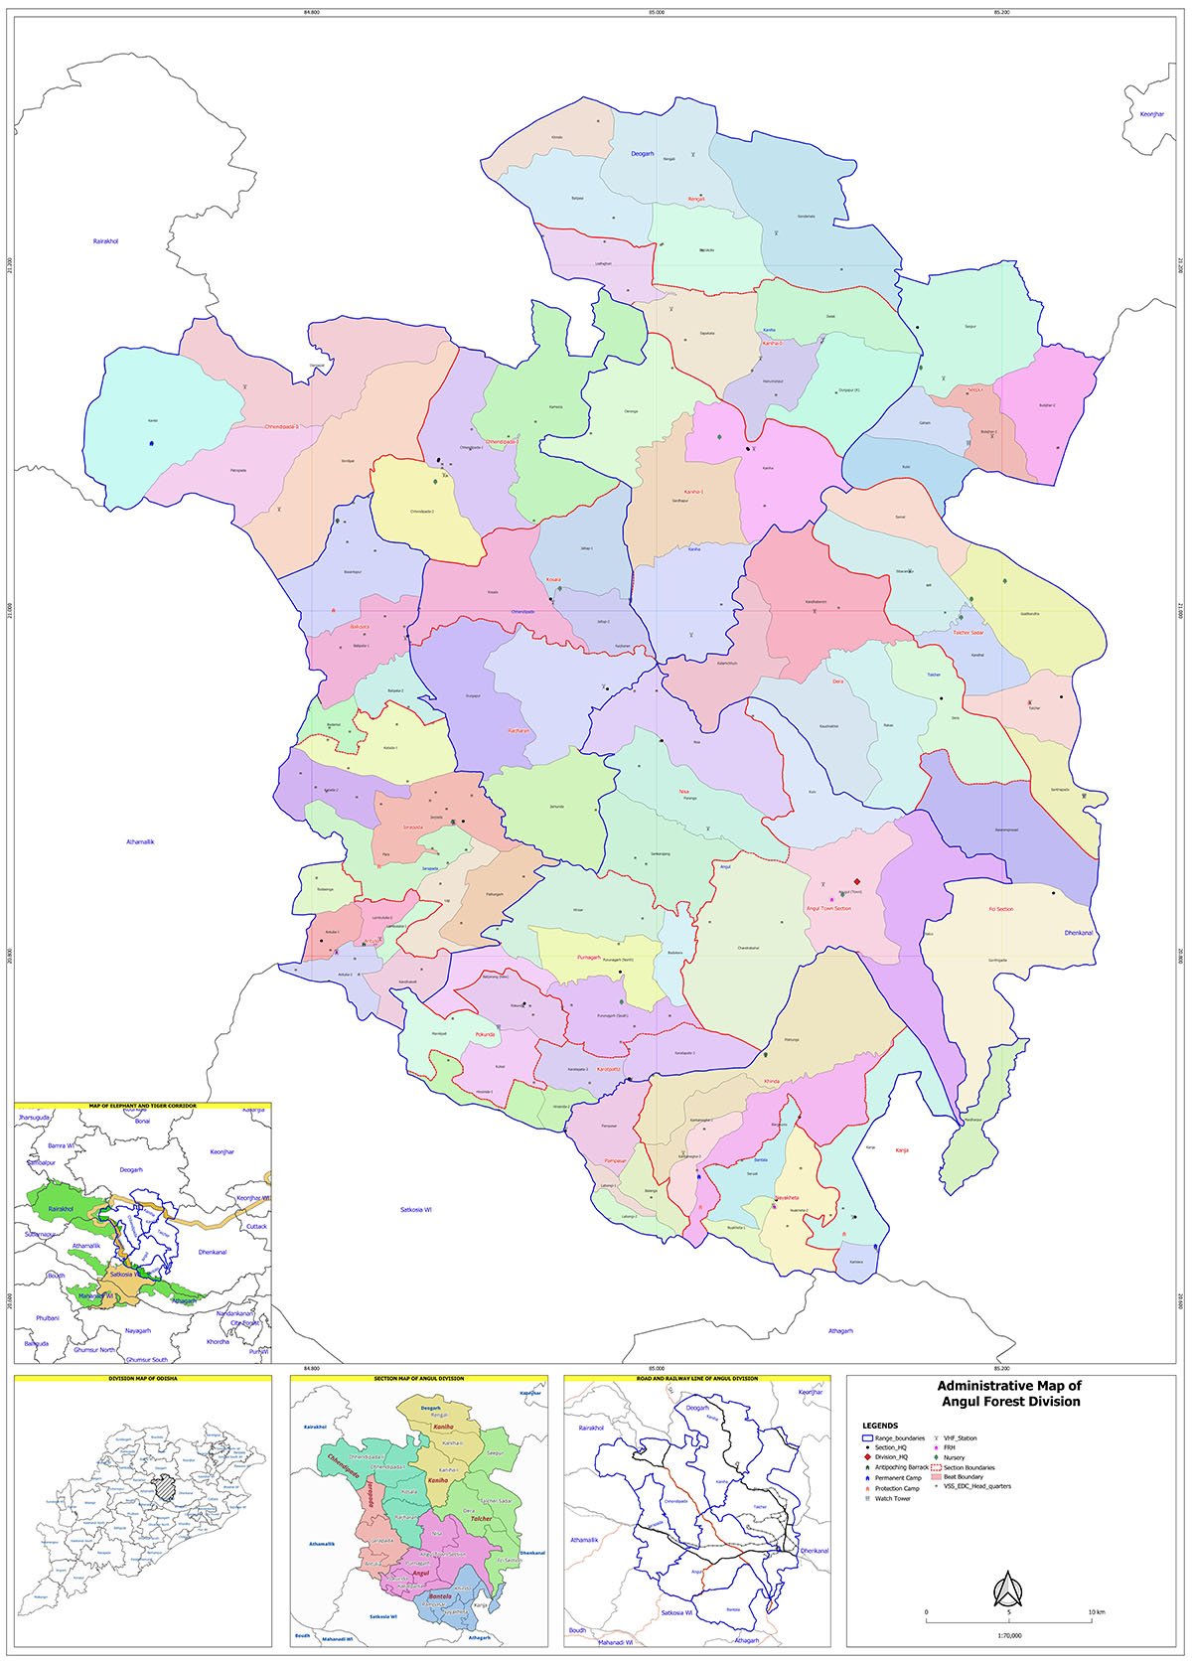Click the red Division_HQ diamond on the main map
(856, 881)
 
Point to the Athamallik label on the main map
(140, 841)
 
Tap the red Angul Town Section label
(828, 908)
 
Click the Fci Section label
(1000, 909)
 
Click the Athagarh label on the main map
(840, 1330)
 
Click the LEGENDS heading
(880, 1426)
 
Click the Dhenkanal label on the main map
(1079, 933)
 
